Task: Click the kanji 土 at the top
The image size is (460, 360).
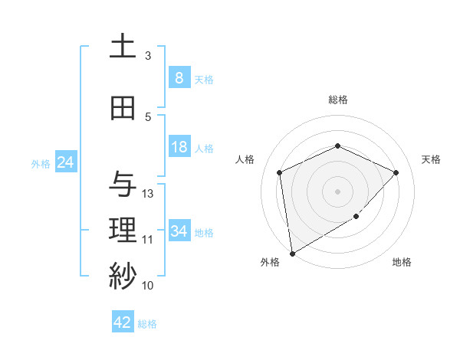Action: (123, 47)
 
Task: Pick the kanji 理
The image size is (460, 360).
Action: (123, 231)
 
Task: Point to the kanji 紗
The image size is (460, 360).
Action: (123, 277)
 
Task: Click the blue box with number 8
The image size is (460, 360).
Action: (179, 78)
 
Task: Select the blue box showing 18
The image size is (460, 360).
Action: (179, 147)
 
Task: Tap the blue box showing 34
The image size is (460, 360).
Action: (179, 231)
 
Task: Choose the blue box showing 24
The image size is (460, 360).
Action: (65, 162)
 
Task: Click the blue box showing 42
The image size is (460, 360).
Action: (123, 322)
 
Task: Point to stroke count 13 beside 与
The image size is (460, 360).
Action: (148, 194)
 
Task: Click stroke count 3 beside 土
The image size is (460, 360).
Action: (148, 56)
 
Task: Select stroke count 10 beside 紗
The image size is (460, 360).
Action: (148, 286)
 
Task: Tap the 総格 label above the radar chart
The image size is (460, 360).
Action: (337, 100)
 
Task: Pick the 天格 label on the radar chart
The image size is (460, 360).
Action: (432, 159)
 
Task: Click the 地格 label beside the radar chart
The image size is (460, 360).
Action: (402, 262)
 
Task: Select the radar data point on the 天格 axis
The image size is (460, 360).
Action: (396, 172)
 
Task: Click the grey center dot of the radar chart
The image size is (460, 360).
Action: (337, 191)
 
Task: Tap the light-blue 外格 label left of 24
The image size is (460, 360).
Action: (40, 163)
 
